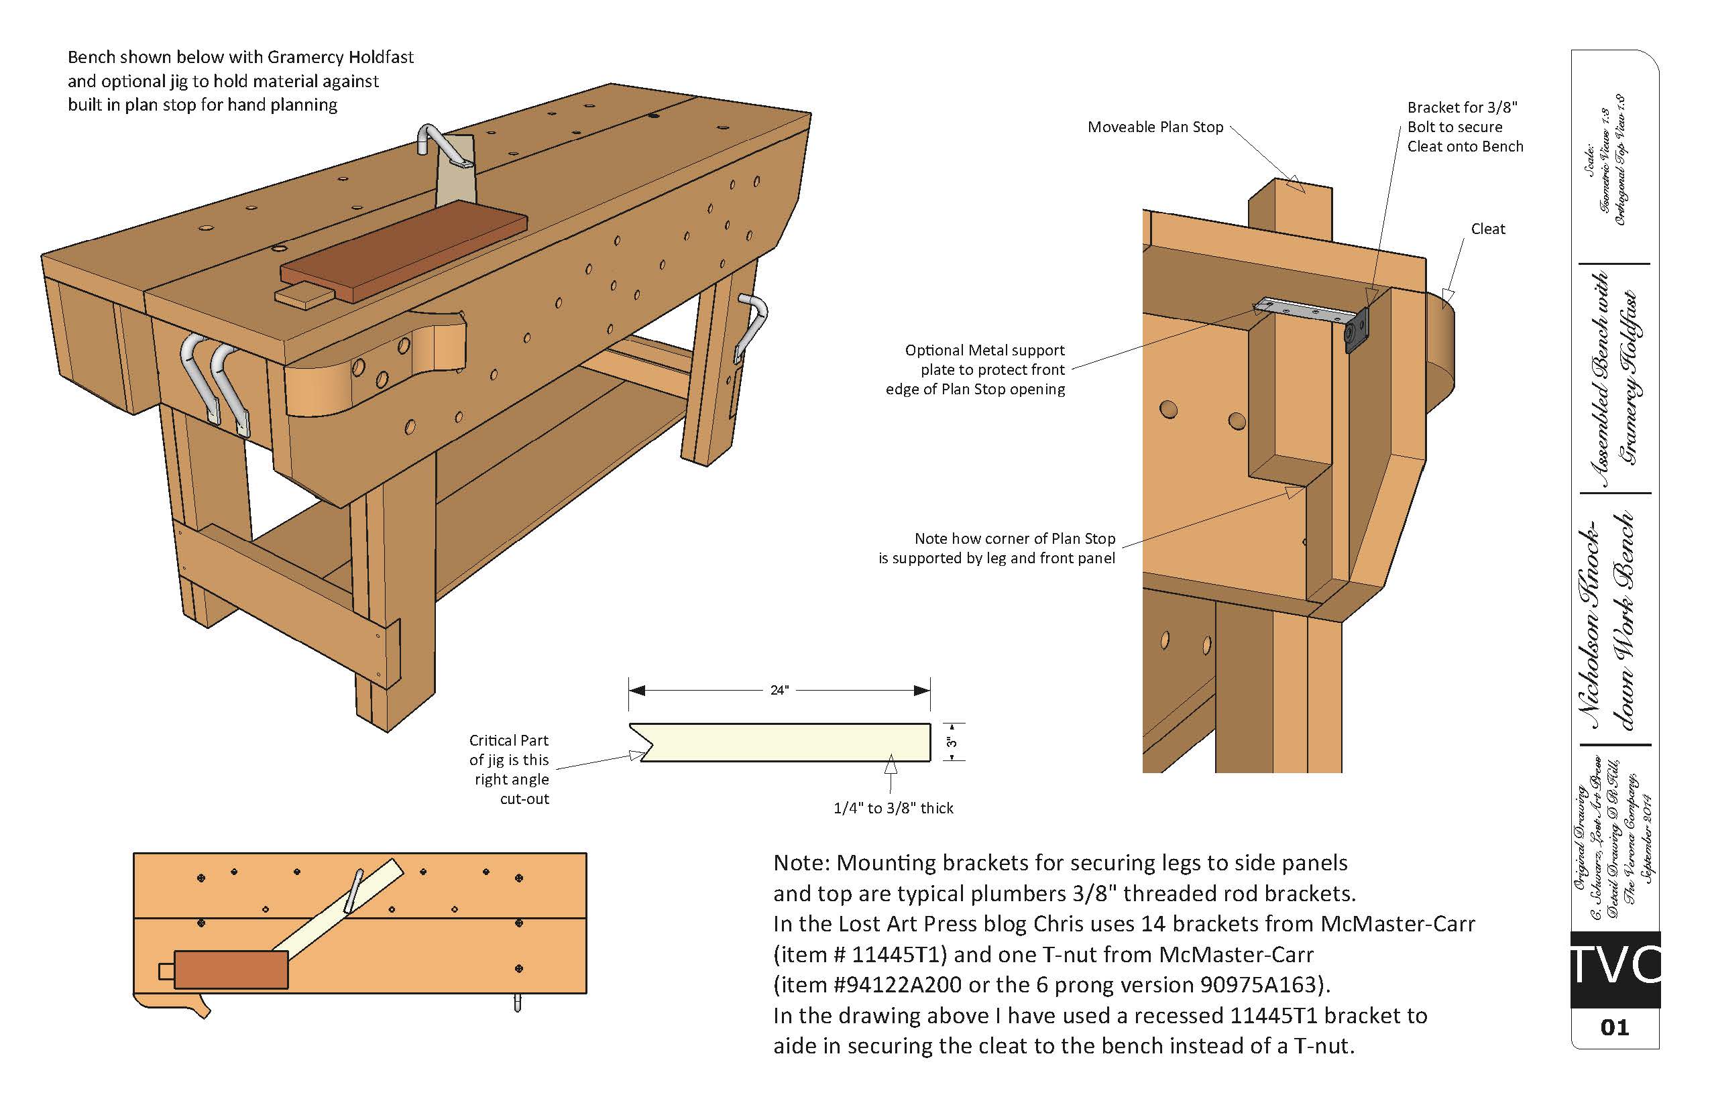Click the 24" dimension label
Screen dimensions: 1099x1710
point(779,690)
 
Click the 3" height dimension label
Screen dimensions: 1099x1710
point(952,742)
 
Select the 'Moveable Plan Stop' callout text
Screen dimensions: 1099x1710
point(1155,127)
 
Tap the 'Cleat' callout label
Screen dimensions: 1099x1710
point(1487,229)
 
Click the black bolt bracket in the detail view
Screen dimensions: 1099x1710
point(1357,331)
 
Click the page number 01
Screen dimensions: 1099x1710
point(1614,1028)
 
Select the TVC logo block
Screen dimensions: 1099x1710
point(1614,969)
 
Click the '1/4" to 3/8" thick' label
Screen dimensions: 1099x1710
point(893,808)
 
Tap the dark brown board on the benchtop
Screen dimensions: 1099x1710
point(403,249)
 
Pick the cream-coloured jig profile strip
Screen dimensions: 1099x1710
point(785,742)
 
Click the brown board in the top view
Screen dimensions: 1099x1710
point(231,970)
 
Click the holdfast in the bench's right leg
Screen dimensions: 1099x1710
point(752,325)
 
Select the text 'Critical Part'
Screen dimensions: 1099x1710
point(508,740)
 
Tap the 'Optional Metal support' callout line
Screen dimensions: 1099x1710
point(984,351)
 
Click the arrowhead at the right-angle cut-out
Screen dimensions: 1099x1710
point(636,755)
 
